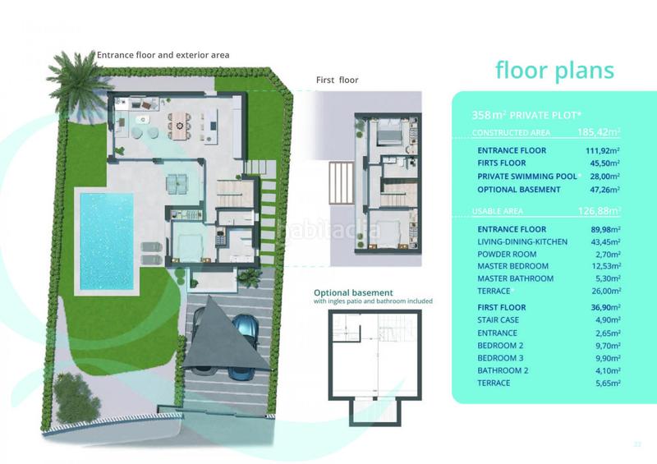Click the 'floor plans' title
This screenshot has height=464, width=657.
point(554,71)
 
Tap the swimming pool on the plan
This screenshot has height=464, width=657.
point(106,240)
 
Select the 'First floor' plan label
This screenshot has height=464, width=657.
point(337,80)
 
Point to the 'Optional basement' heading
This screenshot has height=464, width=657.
point(353,292)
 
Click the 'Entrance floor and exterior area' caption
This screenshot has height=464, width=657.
point(163,55)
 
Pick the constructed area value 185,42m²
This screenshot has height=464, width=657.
point(597,131)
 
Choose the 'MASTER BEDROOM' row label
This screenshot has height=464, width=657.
point(512,266)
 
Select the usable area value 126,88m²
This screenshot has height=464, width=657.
point(598,211)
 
